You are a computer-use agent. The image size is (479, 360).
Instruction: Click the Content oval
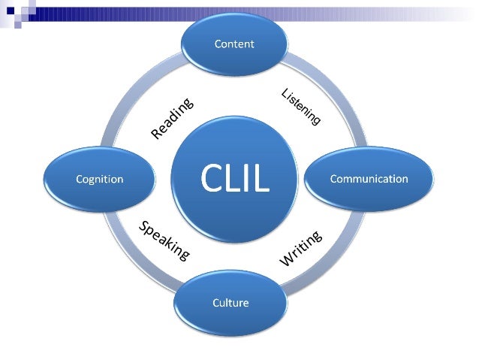tap(234, 44)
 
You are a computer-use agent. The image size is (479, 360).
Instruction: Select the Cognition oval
tap(100, 180)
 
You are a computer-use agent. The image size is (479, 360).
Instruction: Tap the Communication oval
tap(369, 179)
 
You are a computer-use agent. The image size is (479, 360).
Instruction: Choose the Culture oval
tap(230, 304)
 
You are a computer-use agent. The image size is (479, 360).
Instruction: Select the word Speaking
tap(163, 241)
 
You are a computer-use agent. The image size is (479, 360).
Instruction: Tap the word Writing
tap(301, 247)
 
